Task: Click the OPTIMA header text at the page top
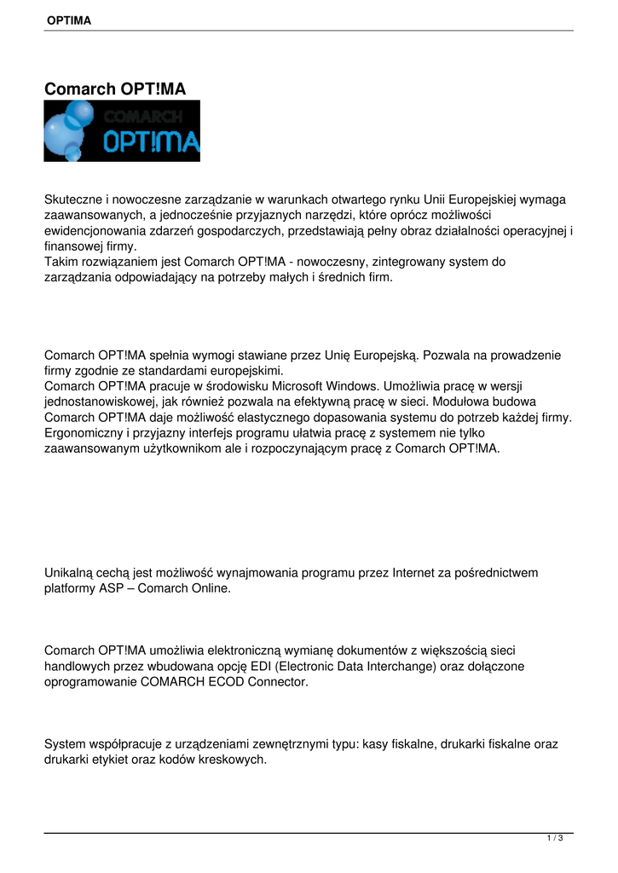point(69,20)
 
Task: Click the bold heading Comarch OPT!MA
point(114,89)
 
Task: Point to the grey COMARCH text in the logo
point(142,115)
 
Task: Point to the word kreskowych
point(238,760)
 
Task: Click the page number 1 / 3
point(554,839)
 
